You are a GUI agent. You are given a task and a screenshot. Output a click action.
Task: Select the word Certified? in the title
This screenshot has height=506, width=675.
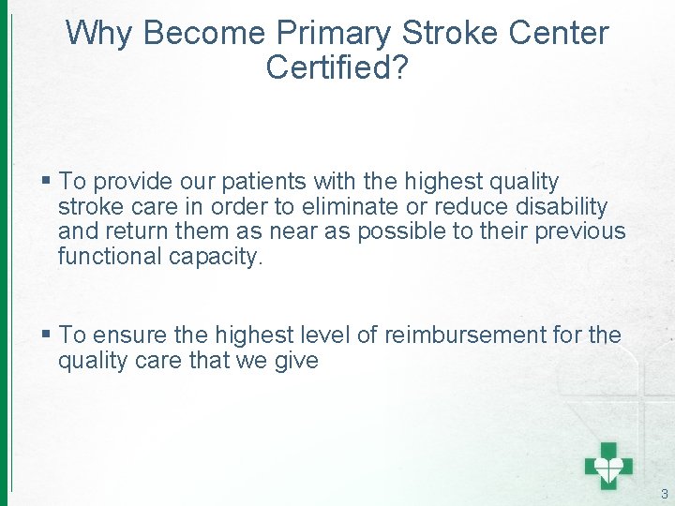point(337,67)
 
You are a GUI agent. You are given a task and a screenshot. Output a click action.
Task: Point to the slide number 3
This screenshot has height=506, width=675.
point(664,494)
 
